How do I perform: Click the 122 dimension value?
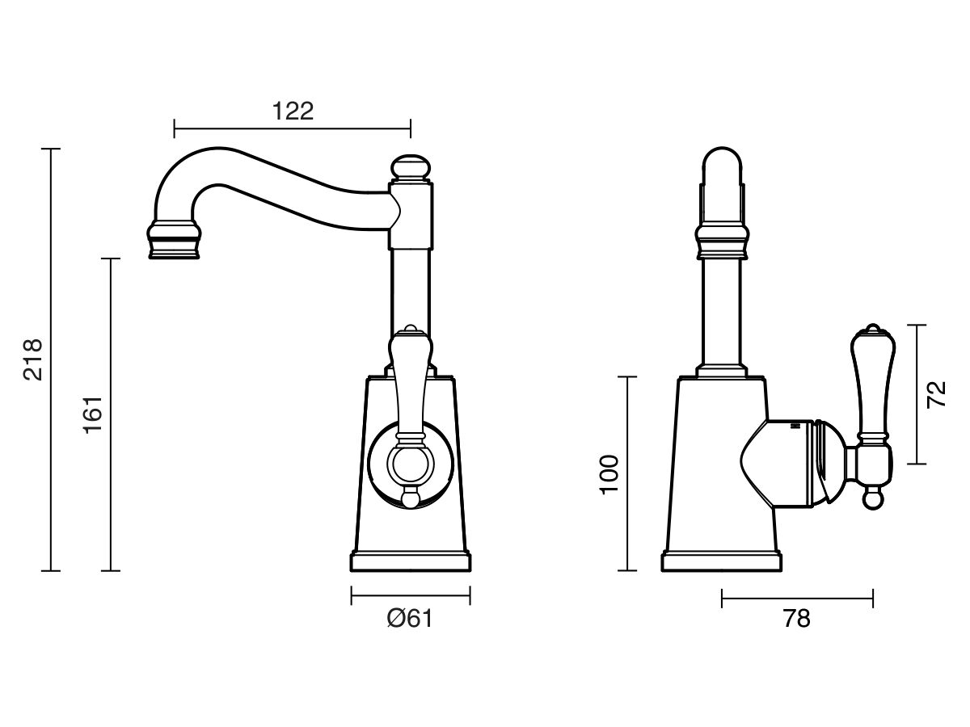(293, 111)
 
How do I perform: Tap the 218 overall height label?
(33, 359)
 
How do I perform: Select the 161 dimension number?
(93, 415)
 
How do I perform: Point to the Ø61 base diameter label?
(410, 618)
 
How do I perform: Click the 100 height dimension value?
(609, 474)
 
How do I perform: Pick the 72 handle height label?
(935, 393)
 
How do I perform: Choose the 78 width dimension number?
(797, 619)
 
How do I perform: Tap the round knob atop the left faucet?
(411, 168)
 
